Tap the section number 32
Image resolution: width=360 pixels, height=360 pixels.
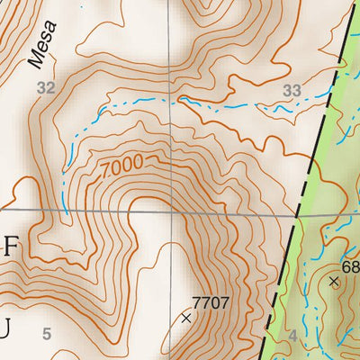click(x=46, y=87)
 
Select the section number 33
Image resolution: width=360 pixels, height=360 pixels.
click(x=291, y=90)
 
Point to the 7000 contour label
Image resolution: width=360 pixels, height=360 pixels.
click(x=122, y=167)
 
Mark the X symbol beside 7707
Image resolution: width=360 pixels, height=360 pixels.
click(x=186, y=318)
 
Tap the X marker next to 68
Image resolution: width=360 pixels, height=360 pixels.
click(x=334, y=281)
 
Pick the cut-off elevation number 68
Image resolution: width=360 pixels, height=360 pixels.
click(x=351, y=268)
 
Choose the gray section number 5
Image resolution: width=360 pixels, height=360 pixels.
click(x=46, y=335)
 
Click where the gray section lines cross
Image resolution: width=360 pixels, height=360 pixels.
click(x=172, y=212)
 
